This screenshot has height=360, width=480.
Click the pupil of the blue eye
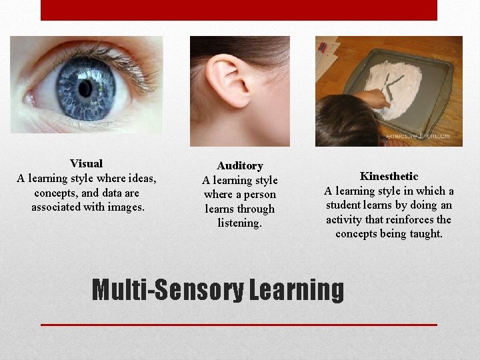[x=85, y=88]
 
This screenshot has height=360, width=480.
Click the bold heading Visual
[x=86, y=163]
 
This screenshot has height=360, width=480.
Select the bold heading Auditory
[x=240, y=165]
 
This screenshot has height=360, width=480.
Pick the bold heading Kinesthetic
[x=389, y=176]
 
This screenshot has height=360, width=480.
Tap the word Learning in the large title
[x=297, y=290]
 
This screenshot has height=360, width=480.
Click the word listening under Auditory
[x=240, y=223]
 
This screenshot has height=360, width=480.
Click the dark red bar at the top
[x=239, y=10]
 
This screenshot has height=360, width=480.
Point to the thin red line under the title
[x=239, y=325]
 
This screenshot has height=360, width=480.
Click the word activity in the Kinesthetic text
[x=345, y=219]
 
